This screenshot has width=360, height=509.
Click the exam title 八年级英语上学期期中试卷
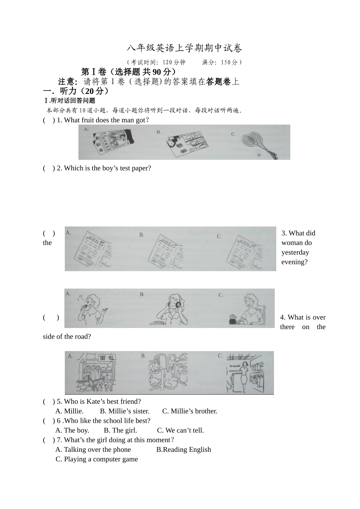184,48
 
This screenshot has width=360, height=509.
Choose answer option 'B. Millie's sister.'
125,411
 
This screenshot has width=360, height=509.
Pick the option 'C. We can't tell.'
180,430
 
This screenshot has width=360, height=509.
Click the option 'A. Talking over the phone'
93,450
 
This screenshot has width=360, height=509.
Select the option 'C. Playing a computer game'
97,459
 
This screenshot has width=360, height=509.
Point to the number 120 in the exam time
167,62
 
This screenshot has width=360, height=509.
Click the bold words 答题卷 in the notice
218,81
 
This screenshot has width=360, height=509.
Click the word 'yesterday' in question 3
295,252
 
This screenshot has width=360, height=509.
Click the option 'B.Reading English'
183,450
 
